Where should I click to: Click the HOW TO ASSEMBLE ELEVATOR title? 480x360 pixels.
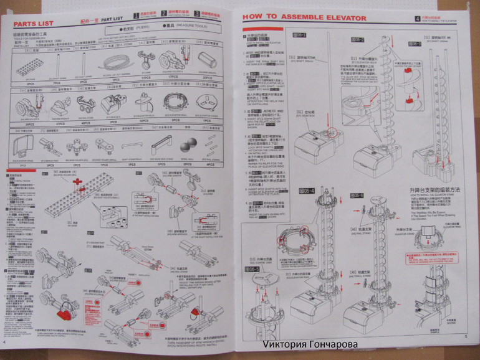[x=304, y=18]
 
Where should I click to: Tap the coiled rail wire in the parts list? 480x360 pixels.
[x=112, y=64]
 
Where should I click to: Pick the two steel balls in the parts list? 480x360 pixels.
[x=186, y=147]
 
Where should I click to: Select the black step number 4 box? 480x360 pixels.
[x=417, y=18]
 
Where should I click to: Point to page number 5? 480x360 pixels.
[x=466, y=337]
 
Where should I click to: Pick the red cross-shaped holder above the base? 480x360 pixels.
[x=80, y=183]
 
